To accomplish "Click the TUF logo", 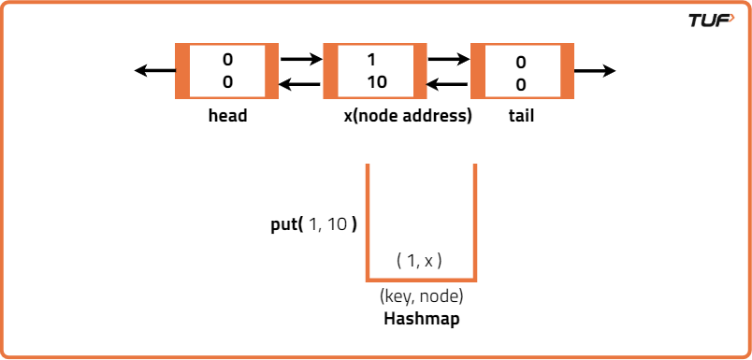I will (711, 21).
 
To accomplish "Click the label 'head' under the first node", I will (227, 117).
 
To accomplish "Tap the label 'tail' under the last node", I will (521, 117).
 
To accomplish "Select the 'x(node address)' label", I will (408, 117).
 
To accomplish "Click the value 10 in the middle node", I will (376, 81).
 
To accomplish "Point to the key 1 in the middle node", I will (372, 60).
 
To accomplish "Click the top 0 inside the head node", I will (227, 60).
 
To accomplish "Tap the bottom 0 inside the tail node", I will (521, 84).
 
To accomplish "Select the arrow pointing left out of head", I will (153, 71).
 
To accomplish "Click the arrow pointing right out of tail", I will (595, 71).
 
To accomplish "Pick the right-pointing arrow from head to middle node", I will (300, 60).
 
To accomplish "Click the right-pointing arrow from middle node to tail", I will (448, 60).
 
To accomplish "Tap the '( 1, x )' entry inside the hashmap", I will (419, 261).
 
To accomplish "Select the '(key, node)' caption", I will (421, 297).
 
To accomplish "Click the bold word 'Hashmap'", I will (421, 319).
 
